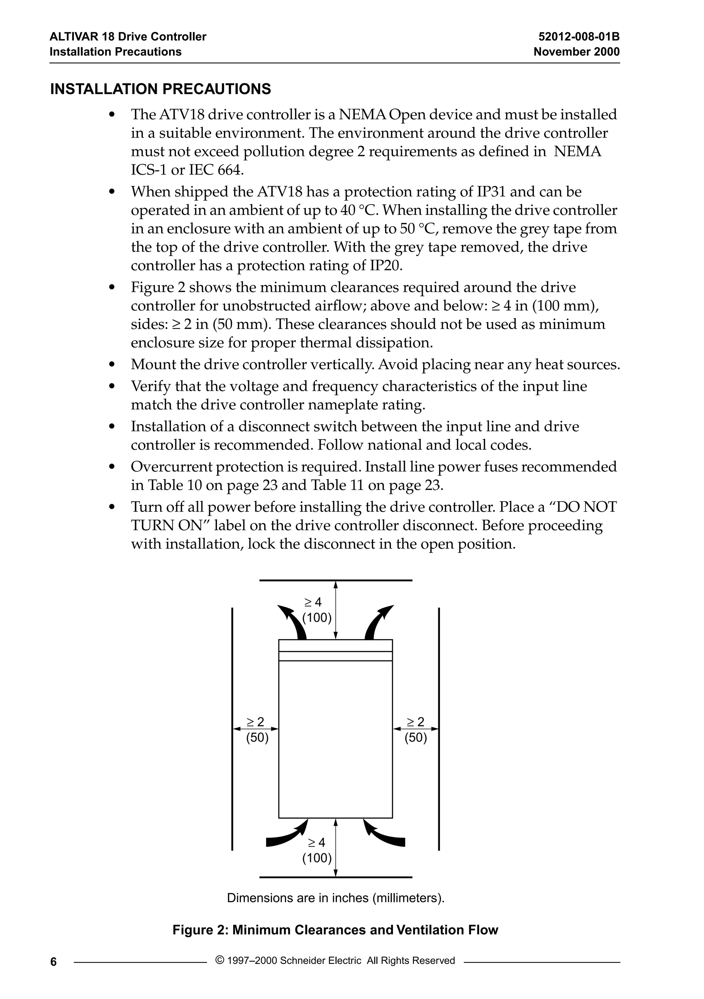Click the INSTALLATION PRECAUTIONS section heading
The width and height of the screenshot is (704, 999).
161,89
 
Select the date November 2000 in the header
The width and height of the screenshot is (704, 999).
576,52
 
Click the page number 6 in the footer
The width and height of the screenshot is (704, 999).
54,962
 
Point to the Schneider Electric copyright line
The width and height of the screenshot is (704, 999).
335,960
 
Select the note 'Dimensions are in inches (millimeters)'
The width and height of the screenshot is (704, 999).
335,898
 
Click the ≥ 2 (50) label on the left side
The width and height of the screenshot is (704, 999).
257,730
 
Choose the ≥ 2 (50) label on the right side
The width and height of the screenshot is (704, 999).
416,730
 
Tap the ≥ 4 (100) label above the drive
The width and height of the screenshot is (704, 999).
316,610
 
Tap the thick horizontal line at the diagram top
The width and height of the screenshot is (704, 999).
335,580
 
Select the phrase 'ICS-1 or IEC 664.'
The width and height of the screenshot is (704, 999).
187,170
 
